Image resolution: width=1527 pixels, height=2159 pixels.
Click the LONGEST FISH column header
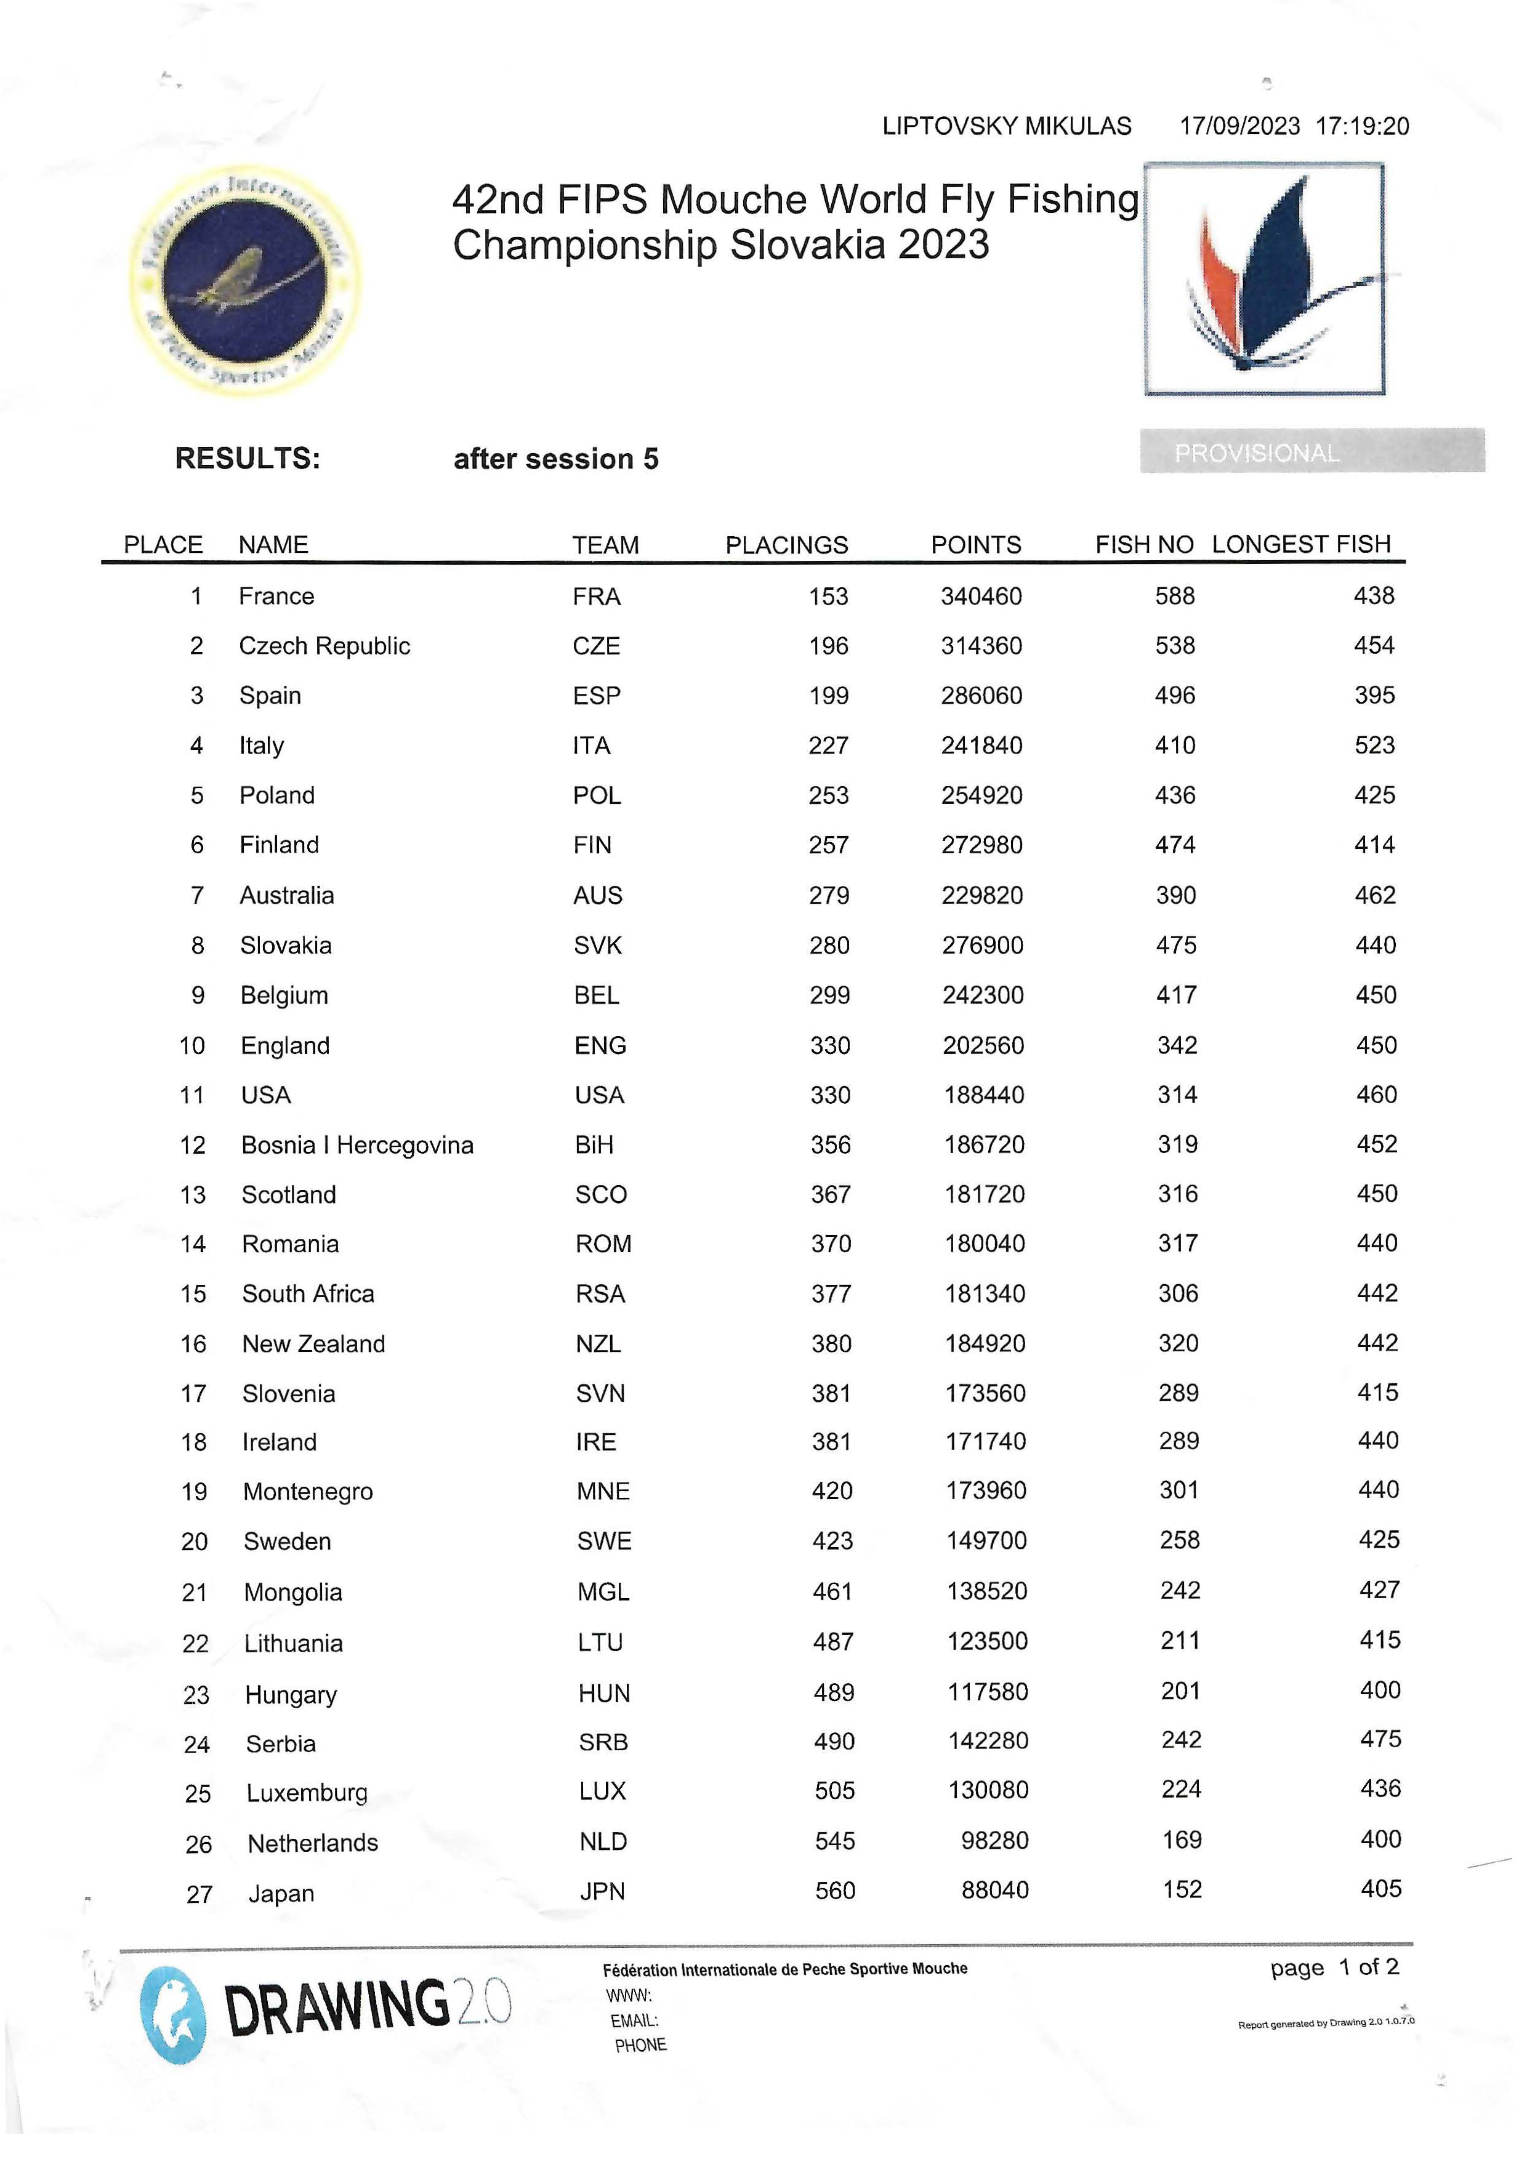pos(1300,544)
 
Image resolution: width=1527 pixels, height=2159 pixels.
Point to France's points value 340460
pos(981,596)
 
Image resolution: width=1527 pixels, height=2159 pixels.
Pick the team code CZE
pos(596,646)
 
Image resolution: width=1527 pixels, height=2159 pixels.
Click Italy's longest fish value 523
pos(1374,746)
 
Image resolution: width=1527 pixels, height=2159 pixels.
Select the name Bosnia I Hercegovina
pos(357,1145)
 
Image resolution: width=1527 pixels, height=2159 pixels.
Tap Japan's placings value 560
pos(835,1891)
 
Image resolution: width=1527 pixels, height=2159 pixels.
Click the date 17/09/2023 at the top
pos(1239,126)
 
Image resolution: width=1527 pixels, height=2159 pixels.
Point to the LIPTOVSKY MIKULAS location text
pos(1006,126)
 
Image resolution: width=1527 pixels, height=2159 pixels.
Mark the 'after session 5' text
pos(556,459)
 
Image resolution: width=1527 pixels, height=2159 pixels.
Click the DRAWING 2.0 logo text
pos(367,2006)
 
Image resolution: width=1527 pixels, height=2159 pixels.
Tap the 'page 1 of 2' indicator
pos(1333,1967)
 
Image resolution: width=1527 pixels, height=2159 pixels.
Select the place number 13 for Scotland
pos(193,1195)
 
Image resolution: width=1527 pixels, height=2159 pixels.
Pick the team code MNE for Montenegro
pos(603,1492)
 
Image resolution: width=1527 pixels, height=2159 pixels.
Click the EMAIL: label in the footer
pos(634,2020)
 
